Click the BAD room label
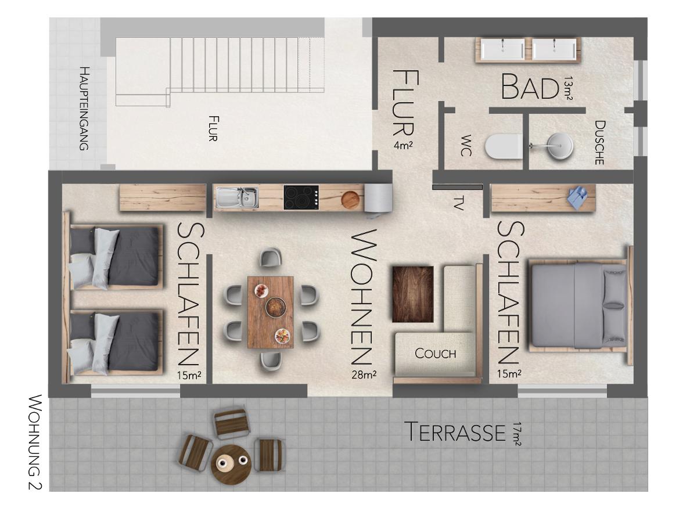[x=530, y=87]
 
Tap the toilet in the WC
[x=504, y=146]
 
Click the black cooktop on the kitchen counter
[x=301, y=197]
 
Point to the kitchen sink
[x=237, y=197]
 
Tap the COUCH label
[x=435, y=353]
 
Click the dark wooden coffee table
[x=413, y=294]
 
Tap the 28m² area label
[x=364, y=375]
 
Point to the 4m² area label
[x=403, y=145]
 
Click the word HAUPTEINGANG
[x=84, y=108]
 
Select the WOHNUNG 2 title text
[x=35, y=442]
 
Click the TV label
[x=458, y=203]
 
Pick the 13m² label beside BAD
[x=569, y=88]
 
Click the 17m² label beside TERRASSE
[x=516, y=434]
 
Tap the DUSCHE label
[x=599, y=142]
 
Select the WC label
[x=466, y=145]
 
